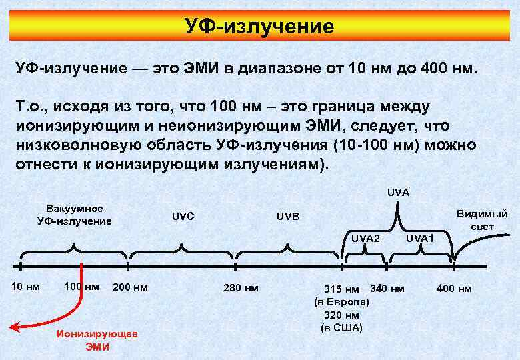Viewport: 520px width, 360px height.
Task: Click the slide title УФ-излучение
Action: tap(259, 27)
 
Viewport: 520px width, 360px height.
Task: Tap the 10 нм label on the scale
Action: tap(26, 287)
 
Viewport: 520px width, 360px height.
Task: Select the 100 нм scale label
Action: tap(81, 287)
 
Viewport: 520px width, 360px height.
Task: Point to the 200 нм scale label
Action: tap(130, 288)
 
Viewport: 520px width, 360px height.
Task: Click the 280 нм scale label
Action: tap(239, 288)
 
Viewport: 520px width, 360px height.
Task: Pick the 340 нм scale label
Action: tap(387, 288)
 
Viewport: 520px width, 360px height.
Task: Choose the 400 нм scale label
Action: tap(453, 288)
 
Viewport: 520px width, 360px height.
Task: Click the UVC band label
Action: tap(183, 217)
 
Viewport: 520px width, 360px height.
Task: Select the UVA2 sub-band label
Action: tap(365, 238)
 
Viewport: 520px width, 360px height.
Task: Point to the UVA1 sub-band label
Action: tap(420, 238)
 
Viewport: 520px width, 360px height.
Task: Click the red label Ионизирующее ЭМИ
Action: tap(97, 341)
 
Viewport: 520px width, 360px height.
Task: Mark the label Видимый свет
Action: tap(482, 220)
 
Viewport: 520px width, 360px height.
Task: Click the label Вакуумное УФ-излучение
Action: tap(74, 215)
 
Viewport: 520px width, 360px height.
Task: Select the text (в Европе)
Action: tap(341, 302)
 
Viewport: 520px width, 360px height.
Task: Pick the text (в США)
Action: tap(341, 327)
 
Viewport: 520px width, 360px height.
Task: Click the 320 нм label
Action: tap(341, 315)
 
